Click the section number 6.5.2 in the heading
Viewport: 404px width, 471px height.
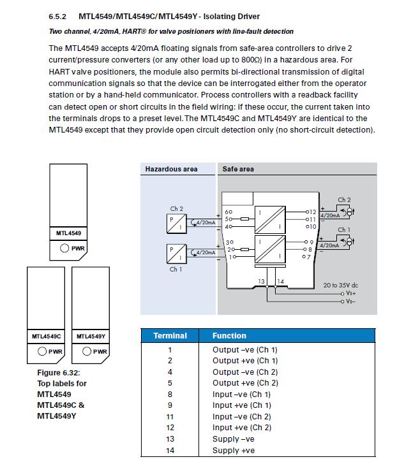click(x=58, y=16)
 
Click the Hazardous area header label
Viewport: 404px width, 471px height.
click(x=171, y=169)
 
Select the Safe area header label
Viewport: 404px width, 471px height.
click(x=238, y=169)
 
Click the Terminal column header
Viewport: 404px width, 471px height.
click(x=170, y=335)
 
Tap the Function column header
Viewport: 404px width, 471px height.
click(x=229, y=335)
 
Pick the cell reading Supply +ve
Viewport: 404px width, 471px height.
click(x=234, y=450)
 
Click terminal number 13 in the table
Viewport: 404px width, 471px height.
click(x=170, y=438)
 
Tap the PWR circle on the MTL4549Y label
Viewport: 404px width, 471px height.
click(x=87, y=351)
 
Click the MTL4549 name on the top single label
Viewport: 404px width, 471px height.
click(x=68, y=233)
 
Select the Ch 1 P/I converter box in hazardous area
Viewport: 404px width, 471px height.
click(x=176, y=253)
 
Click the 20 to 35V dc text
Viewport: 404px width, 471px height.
click(x=341, y=285)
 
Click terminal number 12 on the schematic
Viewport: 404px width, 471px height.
click(x=313, y=212)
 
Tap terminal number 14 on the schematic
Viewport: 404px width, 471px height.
click(x=280, y=281)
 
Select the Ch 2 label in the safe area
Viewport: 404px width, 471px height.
click(x=344, y=199)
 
